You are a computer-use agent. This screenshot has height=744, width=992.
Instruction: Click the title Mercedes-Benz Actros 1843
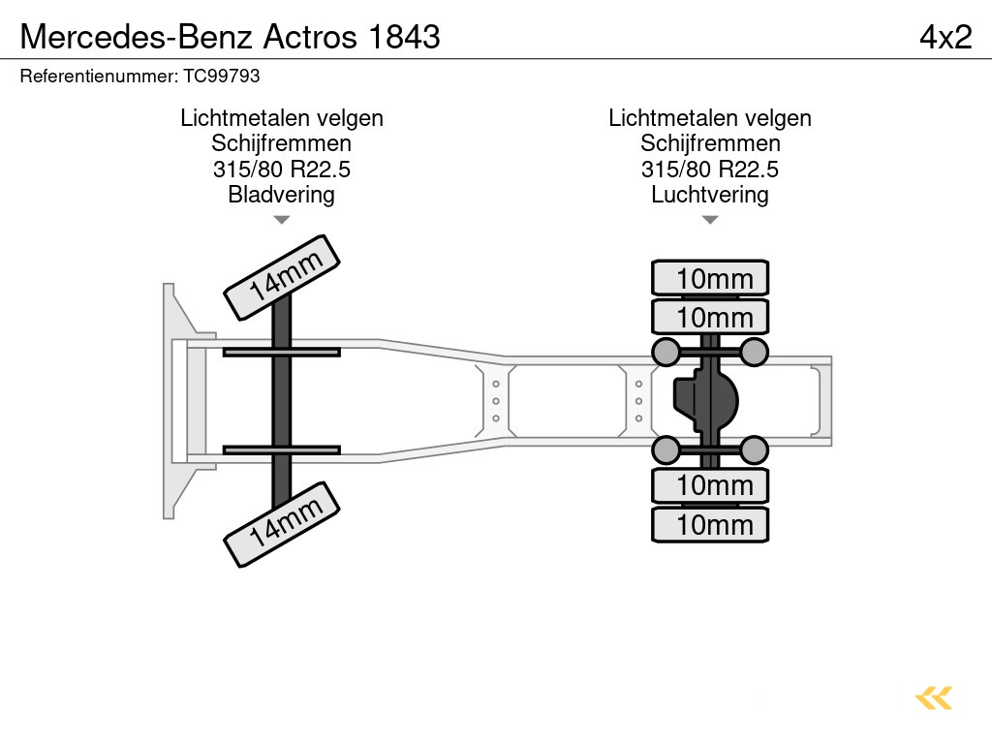pyautogui.click(x=230, y=36)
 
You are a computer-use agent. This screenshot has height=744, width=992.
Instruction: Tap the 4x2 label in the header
pyautogui.click(x=945, y=36)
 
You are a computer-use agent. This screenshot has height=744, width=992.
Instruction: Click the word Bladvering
pyautogui.click(x=281, y=195)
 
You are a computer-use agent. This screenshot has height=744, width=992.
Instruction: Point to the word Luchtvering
pyautogui.click(x=710, y=195)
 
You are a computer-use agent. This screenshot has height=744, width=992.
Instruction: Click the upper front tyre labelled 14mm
pyautogui.click(x=283, y=277)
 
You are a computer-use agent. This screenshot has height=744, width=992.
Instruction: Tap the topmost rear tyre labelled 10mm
pyautogui.click(x=710, y=278)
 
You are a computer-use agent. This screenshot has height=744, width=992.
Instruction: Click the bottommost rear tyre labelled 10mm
pyautogui.click(x=710, y=524)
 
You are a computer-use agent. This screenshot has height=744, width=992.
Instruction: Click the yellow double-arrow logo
pyautogui.click(x=933, y=697)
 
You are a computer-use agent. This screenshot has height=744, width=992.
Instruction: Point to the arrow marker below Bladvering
pyautogui.click(x=281, y=220)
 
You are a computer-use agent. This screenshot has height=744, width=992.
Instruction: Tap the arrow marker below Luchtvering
pyautogui.click(x=710, y=220)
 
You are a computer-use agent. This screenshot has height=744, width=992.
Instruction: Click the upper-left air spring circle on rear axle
pyautogui.click(x=666, y=351)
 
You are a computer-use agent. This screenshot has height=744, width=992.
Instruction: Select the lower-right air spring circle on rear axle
pyautogui.click(x=754, y=449)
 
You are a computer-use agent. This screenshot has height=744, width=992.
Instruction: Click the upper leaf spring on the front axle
pyautogui.click(x=281, y=352)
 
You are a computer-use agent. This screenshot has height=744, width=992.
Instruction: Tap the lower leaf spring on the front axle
pyautogui.click(x=281, y=449)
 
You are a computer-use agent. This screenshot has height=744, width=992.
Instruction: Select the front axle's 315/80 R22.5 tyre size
pyautogui.click(x=281, y=170)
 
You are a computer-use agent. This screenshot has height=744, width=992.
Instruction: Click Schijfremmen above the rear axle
pyautogui.click(x=710, y=144)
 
